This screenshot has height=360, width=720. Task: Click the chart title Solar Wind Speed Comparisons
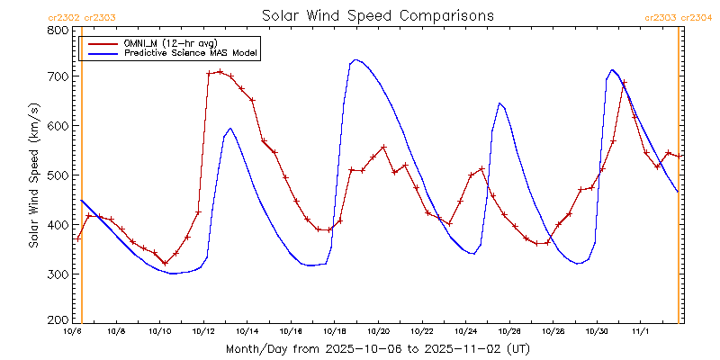[378, 16]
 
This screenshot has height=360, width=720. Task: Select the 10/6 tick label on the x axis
[73, 331]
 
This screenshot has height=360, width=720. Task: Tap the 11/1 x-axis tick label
[640, 331]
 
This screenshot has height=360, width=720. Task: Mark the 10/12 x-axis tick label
[203, 331]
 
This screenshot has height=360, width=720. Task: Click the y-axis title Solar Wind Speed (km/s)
[33, 175]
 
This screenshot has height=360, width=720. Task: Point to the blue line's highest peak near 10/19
[356, 59]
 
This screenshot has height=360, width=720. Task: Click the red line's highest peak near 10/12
[220, 71]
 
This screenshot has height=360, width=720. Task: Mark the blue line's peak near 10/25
[499, 103]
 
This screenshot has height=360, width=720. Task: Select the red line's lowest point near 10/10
[166, 264]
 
